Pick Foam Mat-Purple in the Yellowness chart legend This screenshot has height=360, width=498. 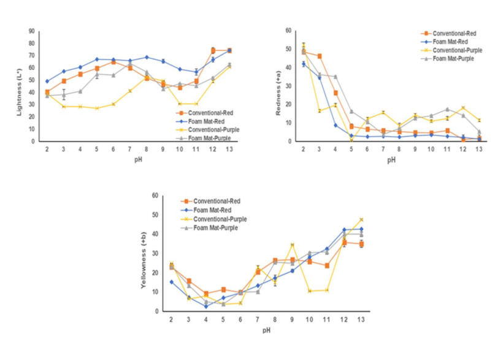pos(221,228)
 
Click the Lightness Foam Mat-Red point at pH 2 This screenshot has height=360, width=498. pos(48,81)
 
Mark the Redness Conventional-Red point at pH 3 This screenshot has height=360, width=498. pos(320,56)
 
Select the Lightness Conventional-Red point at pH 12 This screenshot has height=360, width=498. pos(213,50)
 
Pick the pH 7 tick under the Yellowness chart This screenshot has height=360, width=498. pos(258,320)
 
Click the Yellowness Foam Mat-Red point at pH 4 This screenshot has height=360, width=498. pos(206,306)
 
